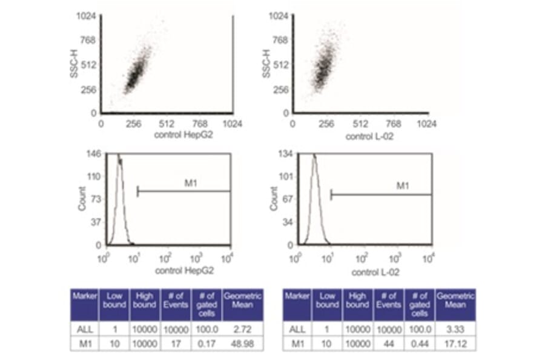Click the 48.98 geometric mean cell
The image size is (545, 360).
pos(242,343)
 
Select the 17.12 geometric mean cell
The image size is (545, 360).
pos(455,343)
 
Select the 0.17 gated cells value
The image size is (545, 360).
pos(206,343)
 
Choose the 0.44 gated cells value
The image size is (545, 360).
pos(418,343)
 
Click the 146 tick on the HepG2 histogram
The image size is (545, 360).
pos(94,155)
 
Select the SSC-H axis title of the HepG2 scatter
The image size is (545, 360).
pos(73,64)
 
